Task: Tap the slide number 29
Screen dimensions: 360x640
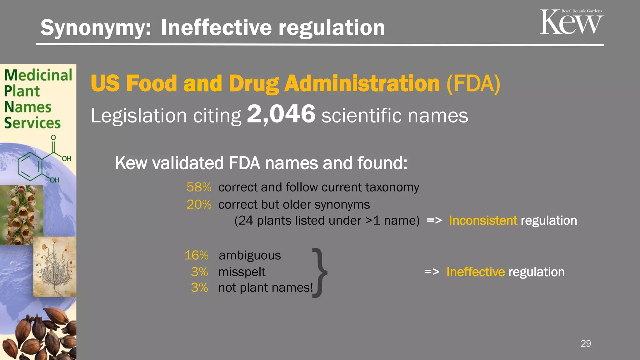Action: (586, 343)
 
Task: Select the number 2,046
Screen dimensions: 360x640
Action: (281, 114)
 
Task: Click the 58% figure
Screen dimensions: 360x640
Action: (199, 187)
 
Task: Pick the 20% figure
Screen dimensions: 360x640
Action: (199, 205)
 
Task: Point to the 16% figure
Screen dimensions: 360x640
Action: (196, 255)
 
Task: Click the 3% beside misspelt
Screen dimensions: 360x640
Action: (199, 272)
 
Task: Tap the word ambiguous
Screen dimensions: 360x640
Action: (250, 256)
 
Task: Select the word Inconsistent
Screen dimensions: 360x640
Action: (483, 221)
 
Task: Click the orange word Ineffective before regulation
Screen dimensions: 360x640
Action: (475, 272)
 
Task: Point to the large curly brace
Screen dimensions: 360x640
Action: (319, 272)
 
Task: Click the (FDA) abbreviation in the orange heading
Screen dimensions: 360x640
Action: (473, 84)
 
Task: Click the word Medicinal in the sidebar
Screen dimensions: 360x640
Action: (38, 75)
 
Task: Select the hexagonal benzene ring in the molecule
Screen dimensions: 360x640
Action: (30, 166)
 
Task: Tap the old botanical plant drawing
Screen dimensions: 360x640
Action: (55, 266)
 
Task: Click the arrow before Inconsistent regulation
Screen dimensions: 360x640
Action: (434, 220)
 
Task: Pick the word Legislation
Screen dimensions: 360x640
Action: (139, 116)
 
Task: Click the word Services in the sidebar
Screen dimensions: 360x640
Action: (32, 123)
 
